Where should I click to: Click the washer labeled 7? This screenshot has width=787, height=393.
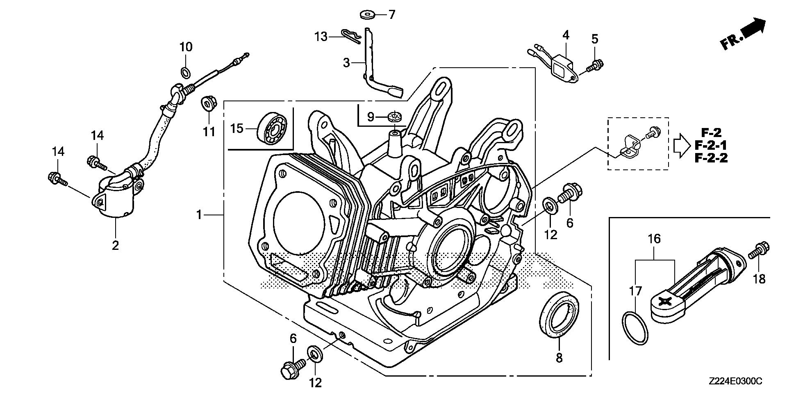coord(367,16)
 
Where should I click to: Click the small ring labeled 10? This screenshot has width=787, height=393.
coord(186,73)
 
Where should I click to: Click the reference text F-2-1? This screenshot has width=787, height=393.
coord(711,145)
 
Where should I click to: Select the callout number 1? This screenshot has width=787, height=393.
coord(200,215)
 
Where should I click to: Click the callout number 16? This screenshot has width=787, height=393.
coord(654,238)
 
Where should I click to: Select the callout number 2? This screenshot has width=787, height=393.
coord(116,245)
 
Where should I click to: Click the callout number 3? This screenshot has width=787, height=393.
coord(347,63)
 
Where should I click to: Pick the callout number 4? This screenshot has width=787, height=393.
coord(566,35)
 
